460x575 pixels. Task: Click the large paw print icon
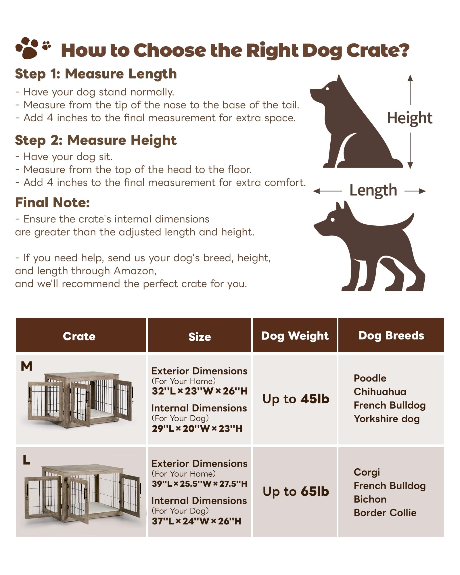click(x=27, y=48)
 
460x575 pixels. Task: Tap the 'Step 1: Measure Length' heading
click(x=96, y=74)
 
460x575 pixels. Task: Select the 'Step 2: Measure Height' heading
click(x=96, y=140)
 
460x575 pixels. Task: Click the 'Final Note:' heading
click(x=52, y=202)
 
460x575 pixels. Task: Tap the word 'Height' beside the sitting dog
click(x=410, y=118)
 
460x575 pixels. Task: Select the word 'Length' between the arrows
click(x=373, y=190)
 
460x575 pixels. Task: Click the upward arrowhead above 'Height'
click(x=410, y=78)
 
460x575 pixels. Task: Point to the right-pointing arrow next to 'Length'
click(x=415, y=191)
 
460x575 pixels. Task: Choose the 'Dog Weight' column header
click(x=295, y=336)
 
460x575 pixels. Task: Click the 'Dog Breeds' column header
click(x=391, y=336)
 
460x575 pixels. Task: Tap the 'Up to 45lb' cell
click(x=296, y=399)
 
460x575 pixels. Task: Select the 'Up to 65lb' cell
click(x=296, y=491)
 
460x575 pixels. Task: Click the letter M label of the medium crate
click(x=26, y=366)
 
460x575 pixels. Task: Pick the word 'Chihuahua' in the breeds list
click(x=380, y=392)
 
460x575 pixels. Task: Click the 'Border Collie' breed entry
click(x=385, y=513)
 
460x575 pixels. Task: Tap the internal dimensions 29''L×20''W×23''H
click(x=197, y=428)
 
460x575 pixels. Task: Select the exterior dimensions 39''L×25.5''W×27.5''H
click(x=200, y=484)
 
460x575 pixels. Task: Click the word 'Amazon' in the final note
click(x=135, y=271)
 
